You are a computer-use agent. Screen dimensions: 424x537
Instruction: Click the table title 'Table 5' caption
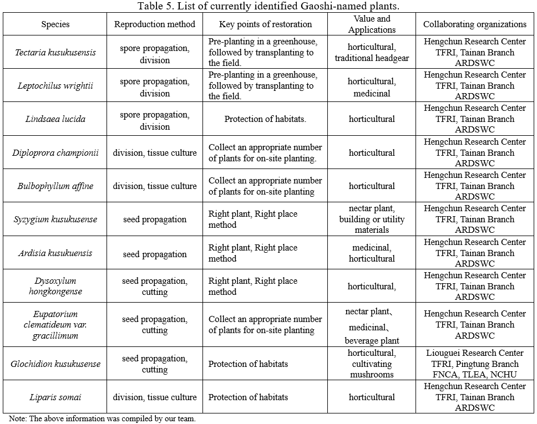coord(268,6)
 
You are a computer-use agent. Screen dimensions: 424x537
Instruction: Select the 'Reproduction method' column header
coord(155,24)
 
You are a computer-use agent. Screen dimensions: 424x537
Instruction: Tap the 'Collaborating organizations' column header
coord(475,24)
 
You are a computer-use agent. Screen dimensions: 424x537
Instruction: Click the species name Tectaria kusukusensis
coord(55,53)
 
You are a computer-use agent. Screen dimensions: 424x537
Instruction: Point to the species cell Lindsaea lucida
coord(55,119)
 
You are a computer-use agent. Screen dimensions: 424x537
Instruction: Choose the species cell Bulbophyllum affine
coord(55,186)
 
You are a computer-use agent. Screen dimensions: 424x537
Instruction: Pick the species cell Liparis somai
coord(55,397)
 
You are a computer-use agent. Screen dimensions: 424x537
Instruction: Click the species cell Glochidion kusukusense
coord(55,364)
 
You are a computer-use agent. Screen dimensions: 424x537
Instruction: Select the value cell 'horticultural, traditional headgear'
coord(372,53)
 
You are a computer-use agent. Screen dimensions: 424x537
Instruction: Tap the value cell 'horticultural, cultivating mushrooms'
coord(372,364)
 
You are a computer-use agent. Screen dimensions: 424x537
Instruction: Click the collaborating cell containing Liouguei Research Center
coord(475,364)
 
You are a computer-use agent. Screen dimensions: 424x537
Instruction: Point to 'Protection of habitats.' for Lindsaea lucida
coord(265,119)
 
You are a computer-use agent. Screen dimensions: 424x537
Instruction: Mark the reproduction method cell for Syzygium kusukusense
coord(155,219)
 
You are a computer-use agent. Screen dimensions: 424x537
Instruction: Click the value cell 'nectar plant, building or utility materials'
coord(372,219)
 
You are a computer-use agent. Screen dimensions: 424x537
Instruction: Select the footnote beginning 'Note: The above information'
coord(103,418)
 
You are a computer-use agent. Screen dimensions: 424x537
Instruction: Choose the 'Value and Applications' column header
coord(372,24)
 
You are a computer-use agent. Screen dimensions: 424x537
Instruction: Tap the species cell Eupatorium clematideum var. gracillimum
coord(55,325)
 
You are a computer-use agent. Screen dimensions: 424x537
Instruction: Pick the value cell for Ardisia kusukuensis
coord(372,253)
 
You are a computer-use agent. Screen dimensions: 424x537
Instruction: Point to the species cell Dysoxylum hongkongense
coord(55,287)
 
